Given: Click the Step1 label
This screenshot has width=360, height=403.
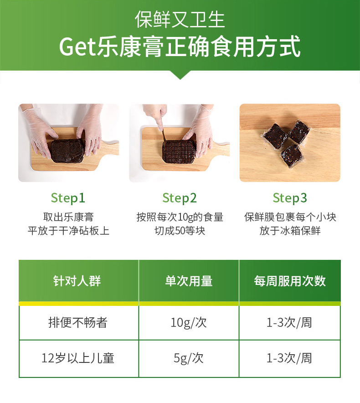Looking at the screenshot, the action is tap(68, 198).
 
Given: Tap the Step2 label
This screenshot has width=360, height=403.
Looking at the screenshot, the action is tap(180, 198).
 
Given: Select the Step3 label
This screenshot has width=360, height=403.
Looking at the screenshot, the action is tap(290, 198).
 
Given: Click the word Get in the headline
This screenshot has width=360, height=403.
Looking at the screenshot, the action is tap(77, 47).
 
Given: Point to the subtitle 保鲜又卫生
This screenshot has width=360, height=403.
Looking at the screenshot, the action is tap(180, 20).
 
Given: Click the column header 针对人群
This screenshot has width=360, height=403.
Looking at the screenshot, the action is tap(77, 281).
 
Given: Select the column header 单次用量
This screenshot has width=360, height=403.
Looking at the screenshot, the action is tap(189, 281).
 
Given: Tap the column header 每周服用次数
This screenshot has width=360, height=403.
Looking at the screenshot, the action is tap(290, 281).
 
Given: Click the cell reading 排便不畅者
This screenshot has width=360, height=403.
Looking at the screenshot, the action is tap(78, 322).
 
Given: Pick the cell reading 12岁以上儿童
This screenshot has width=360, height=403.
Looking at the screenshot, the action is tap(78, 358).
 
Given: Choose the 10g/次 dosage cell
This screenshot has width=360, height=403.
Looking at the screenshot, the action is tap(189, 323).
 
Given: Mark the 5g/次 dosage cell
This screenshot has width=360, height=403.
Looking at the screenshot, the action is tap(189, 358).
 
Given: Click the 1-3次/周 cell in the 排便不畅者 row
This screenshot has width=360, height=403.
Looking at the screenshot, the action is tap(289, 323).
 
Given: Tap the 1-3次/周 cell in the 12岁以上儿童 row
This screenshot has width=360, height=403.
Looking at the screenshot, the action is tap(289, 358).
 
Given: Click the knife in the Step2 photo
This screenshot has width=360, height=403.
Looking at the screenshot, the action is tap(164, 134).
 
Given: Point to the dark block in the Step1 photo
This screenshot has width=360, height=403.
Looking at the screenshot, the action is tap(68, 151).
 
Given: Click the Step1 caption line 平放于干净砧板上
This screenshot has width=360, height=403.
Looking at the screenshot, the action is tap(69, 231).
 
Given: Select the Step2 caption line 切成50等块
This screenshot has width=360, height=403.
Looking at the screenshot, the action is tap(180, 231).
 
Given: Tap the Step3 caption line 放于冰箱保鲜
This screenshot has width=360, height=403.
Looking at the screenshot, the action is tap(290, 231).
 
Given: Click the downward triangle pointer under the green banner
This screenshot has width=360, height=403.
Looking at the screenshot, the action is tap(180, 74).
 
